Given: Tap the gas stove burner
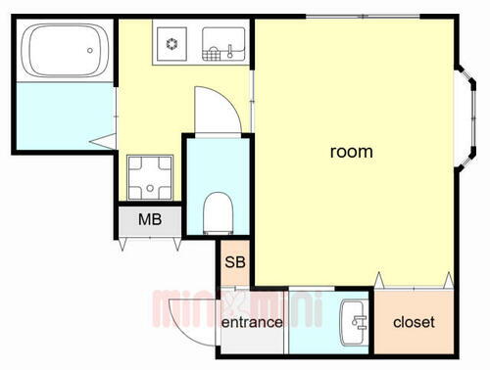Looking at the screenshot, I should pyautogui.click(x=171, y=43).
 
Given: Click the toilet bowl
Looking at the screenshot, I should pyautogui.click(x=219, y=209).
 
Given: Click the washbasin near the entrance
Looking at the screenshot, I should pyautogui.click(x=354, y=322).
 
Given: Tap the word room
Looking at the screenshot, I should pyautogui.click(x=350, y=152).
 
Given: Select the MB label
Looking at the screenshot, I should pyautogui.click(x=149, y=219).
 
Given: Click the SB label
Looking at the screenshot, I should pyautogui.click(x=235, y=262).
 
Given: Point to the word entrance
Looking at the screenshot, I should pyautogui.click(x=252, y=322).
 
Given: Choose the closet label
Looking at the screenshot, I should pyautogui.click(x=414, y=322).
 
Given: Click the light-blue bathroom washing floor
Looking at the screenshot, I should pyautogui.click(x=61, y=116).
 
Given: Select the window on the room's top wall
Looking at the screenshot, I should pyautogui.click(x=364, y=17).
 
